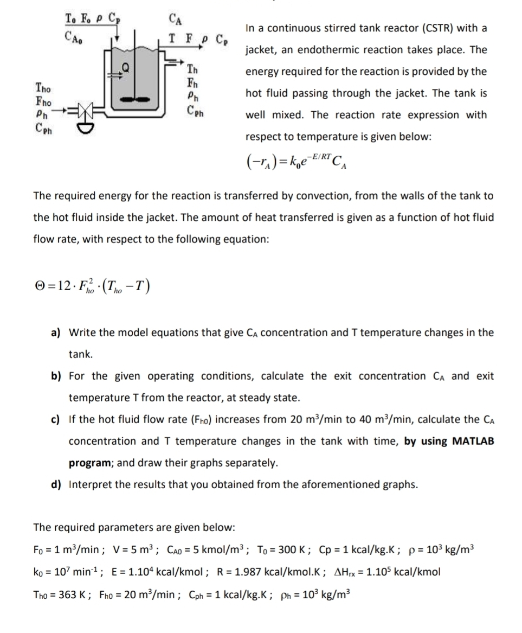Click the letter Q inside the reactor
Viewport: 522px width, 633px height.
pyautogui.click(x=126, y=69)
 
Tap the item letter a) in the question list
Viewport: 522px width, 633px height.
pyautogui.click(x=56, y=333)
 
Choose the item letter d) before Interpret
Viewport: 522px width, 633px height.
pyautogui.click(x=56, y=484)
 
